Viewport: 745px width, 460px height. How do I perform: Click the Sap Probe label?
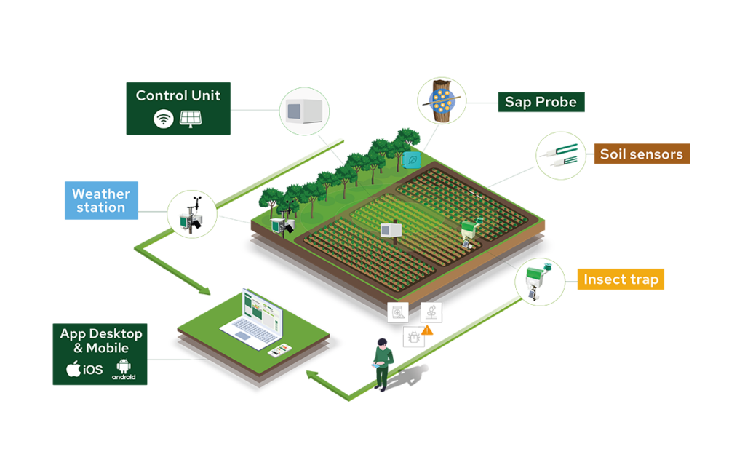pyautogui.click(x=541, y=102)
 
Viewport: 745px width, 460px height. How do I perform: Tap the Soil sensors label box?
pyautogui.click(x=642, y=154)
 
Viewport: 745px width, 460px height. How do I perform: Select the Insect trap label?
pyautogui.click(x=621, y=279)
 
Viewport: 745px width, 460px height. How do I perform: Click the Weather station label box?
pyautogui.click(x=101, y=201)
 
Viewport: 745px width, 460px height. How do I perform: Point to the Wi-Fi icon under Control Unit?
pyautogui.click(x=163, y=119)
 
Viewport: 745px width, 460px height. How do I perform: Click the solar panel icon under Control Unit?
pyautogui.click(x=191, y=119)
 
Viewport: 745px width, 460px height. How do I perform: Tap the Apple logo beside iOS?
pyautogui.click(x=73, y=368)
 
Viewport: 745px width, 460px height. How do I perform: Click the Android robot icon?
pyautogui.click(x=124, y=366)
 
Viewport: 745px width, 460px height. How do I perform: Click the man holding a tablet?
pyautogui.click(x=383, y=365)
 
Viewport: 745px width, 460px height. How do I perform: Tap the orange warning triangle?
pyautogui.click(x=427, y=330)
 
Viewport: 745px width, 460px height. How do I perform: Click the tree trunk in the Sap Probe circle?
pyautogui.click(x=442, y=100)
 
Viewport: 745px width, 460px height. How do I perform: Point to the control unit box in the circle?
pyautogui.click(x=305, y=111)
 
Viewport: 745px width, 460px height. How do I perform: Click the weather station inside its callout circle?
pyautogui.click(x=191, y=215)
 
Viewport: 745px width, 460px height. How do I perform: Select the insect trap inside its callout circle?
pyautogui.click(x=538, y=282)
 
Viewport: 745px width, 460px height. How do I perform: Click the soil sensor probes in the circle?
pyautogui.click(x=561, y=155)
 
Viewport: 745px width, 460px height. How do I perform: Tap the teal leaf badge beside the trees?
pyautogui.click(x=412, y=160)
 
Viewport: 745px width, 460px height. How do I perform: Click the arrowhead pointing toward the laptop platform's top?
pyautogui.click(x=204, y=290)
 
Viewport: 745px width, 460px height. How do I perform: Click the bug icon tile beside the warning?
pyautogui.click(x=414, y=338)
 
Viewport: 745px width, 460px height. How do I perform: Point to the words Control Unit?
pyautogui.click(x=178, y=95)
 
